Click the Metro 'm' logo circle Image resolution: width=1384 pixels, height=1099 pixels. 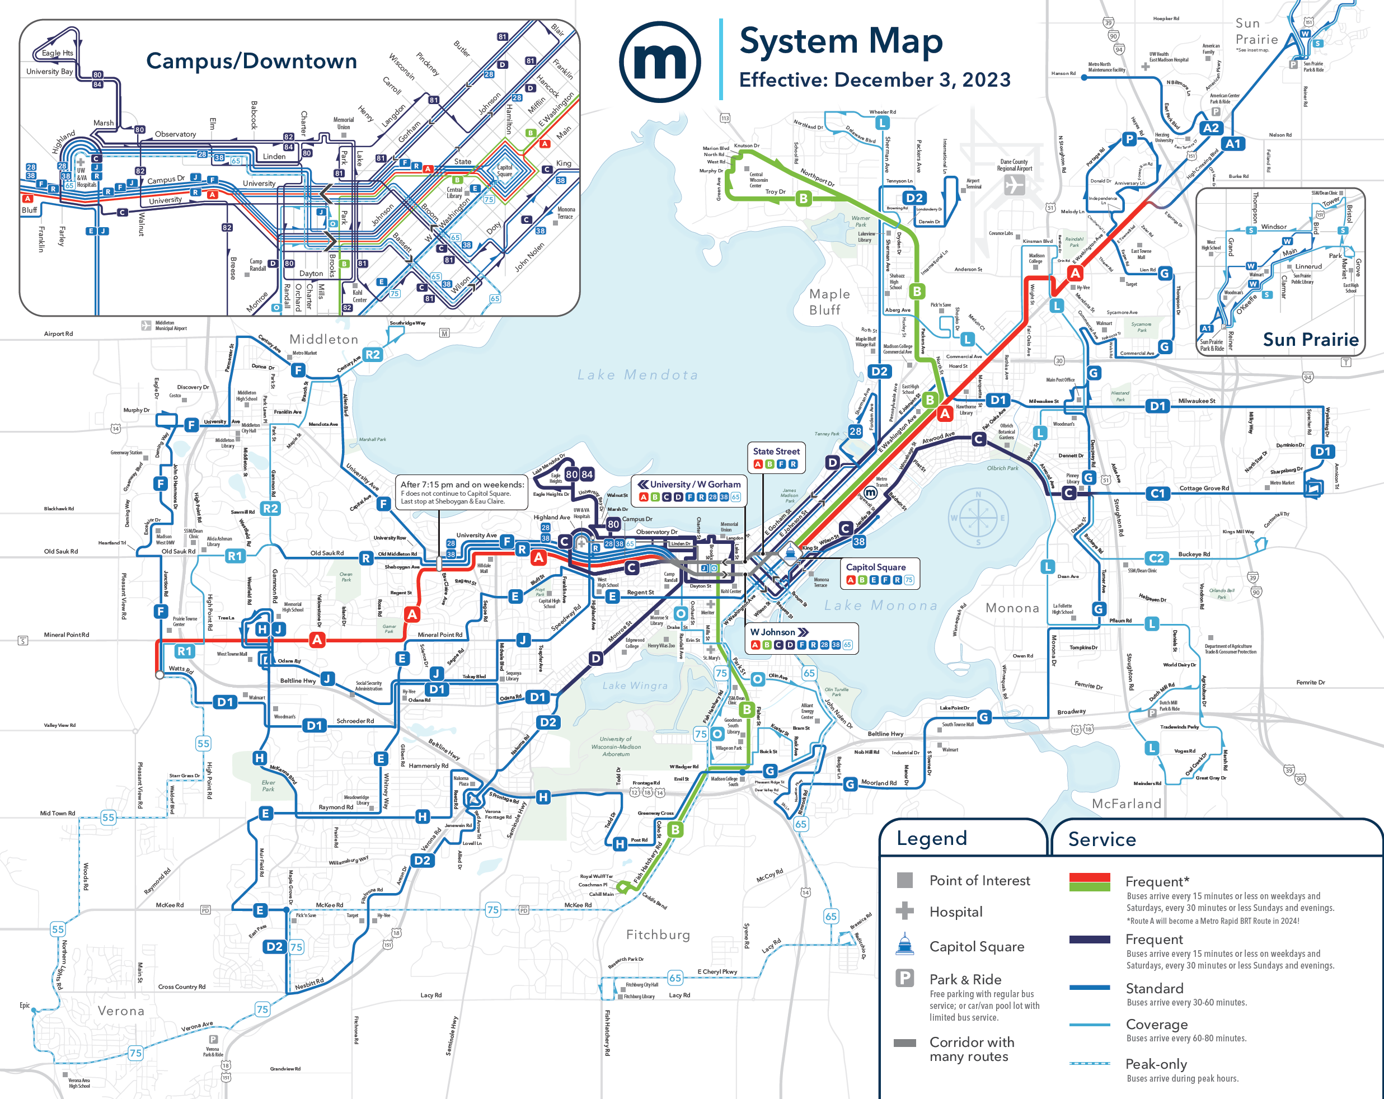click(x=659, y=62)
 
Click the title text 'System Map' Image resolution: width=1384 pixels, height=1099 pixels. click(x=841, y=41)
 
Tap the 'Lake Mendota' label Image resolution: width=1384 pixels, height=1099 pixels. click(x=637, y=375)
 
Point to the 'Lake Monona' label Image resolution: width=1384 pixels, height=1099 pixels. click(x=881, y=605)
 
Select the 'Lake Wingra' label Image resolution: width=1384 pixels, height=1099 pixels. click(x=635, y=685)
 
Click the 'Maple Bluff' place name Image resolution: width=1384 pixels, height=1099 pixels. click(x=829, y=302)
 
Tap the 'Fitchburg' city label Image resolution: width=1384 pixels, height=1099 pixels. click(x=658, y=934)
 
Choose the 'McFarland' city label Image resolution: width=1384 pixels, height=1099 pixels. click(x=1127, y=804)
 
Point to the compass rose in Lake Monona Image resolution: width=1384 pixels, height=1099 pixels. click(x=978, y=518)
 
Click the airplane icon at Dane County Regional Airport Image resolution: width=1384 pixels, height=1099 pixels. click(x=1014, y=185)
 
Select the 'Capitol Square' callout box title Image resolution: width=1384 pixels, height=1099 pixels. click(x=876, y=567)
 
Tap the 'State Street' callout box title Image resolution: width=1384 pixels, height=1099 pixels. click(x=776, y=451)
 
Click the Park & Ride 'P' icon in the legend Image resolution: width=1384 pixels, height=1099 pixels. click(x=904, y=978)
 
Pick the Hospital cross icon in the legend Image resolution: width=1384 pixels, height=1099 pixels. click(x=904, y=910)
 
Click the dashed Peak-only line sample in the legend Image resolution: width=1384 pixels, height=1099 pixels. click(x=1090, y=1063)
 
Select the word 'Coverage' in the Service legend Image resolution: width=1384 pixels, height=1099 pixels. click(x=1157, y=1025)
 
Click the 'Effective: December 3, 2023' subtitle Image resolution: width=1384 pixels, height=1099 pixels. click(x=874, y=79)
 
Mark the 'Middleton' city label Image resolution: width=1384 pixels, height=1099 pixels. click(x=323, y=339)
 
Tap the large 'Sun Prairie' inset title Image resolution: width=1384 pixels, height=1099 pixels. click(x=1310, y=340)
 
